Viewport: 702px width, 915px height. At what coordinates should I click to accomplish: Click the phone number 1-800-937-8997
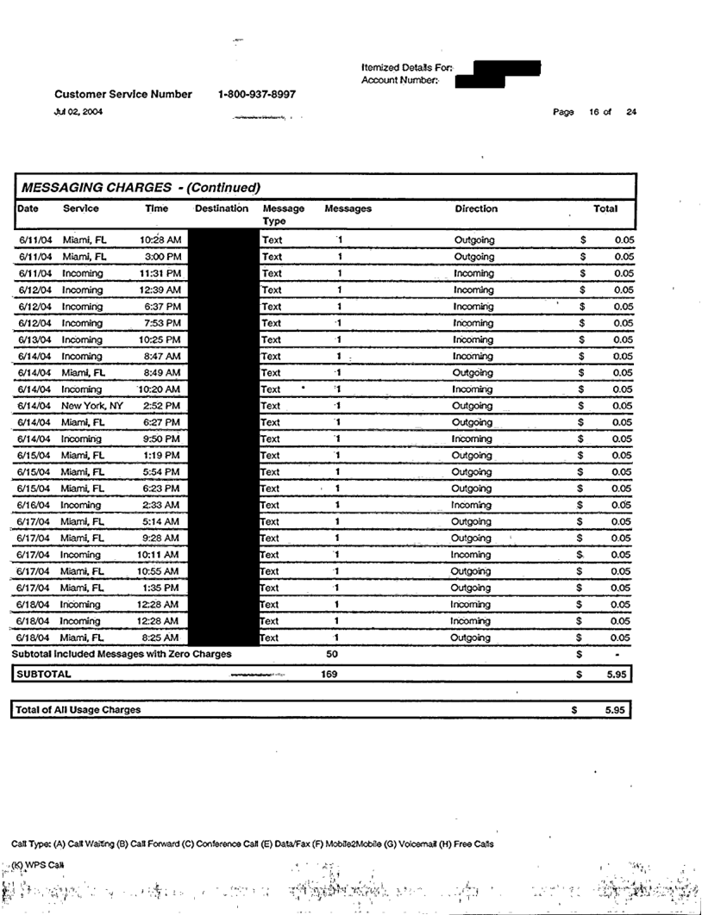pyautogui.click(x=257, y=94)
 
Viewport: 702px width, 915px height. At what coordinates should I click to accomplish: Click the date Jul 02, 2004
pyautogui.click(x=78, y=111)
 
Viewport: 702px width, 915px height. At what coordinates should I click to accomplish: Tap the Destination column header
pyautogui.click(x=222, y=209)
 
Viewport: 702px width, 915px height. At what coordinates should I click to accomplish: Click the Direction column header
pyautogui.click(x=476, y=209)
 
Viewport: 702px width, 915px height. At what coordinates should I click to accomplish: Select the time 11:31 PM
pyautogui.click(x=160, y=273)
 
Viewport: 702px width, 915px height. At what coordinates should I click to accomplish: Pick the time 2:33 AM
pyautogui.click(x=161, y=505)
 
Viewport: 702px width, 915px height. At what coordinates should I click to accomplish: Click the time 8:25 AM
pyautogui.click(x=161, y=638)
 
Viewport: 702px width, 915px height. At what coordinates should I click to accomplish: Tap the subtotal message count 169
pyautogui.click(x=329, y=675)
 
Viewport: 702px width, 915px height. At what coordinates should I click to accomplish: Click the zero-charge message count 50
pyautogui.click(x=332, y=655)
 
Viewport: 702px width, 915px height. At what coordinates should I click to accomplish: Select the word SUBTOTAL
pyautogui.click(x=43, y=675)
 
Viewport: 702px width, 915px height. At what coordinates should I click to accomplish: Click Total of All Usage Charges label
pyautogui.click(x=78, y=710)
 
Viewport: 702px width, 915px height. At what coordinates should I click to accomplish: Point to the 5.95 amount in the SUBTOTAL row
pyautogui.click(x=615, y=675)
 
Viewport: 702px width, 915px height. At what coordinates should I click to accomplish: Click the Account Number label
pyautogui.click(x=400, y=80)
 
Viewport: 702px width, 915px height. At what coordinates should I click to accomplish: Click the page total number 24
pyautogui.click(x=631, y=112)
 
